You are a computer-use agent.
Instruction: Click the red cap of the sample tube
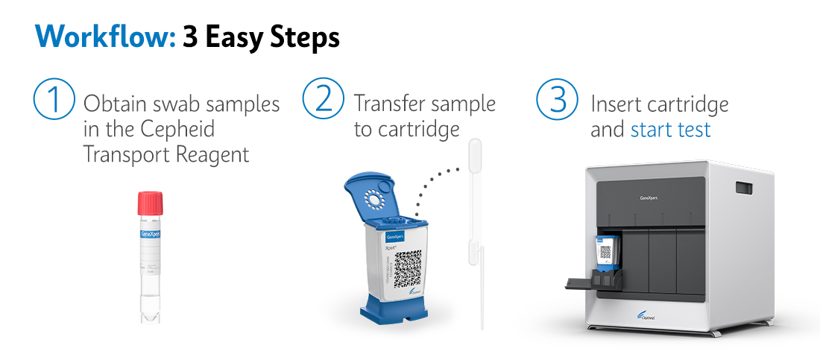coord(151,203)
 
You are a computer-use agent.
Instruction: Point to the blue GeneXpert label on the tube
coord(151,234)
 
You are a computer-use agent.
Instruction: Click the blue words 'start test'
coord(671,130)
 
